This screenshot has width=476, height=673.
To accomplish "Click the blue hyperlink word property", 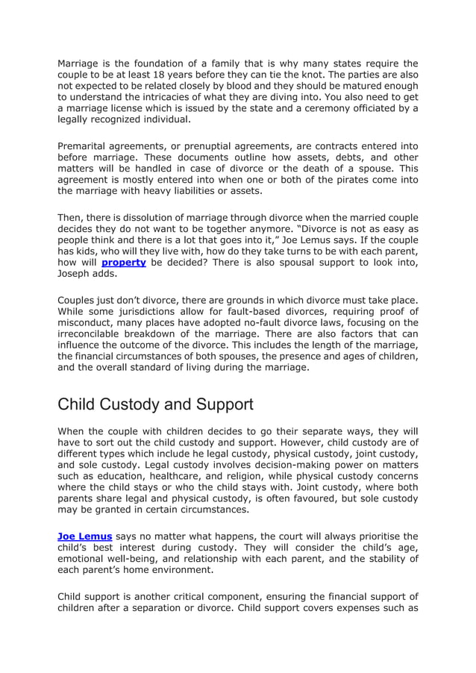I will coord(123,263).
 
